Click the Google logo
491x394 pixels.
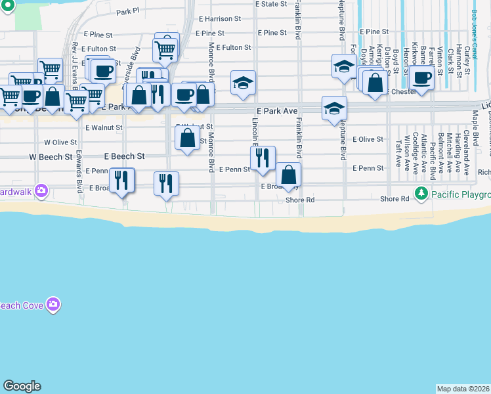pos(22,386)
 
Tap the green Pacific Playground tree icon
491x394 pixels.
pos(421,194)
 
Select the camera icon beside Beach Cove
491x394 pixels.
pos(53,305)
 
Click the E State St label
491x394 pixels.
pos(270,4)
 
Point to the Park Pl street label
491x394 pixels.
pos(128,12)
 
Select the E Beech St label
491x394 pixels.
pos(124,157)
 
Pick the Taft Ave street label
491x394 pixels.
pos(398,152)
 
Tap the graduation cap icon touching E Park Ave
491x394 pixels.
pos(334,107)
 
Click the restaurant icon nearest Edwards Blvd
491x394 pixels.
pos(121,179)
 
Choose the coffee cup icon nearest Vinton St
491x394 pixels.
pos(423,77)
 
